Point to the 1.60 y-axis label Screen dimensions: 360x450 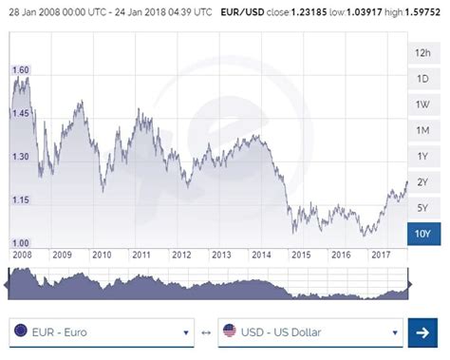click(19, 70)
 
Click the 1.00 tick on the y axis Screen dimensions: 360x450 click(19, 243)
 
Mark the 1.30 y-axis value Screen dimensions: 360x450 click(19, 156)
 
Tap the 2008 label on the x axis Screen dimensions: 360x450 click(21, 255)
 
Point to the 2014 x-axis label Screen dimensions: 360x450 click(261, 255)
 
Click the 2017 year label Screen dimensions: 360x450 click(381, 255)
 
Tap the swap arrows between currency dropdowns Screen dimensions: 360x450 click(206, 332)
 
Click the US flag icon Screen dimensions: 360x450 click(229, 332)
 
